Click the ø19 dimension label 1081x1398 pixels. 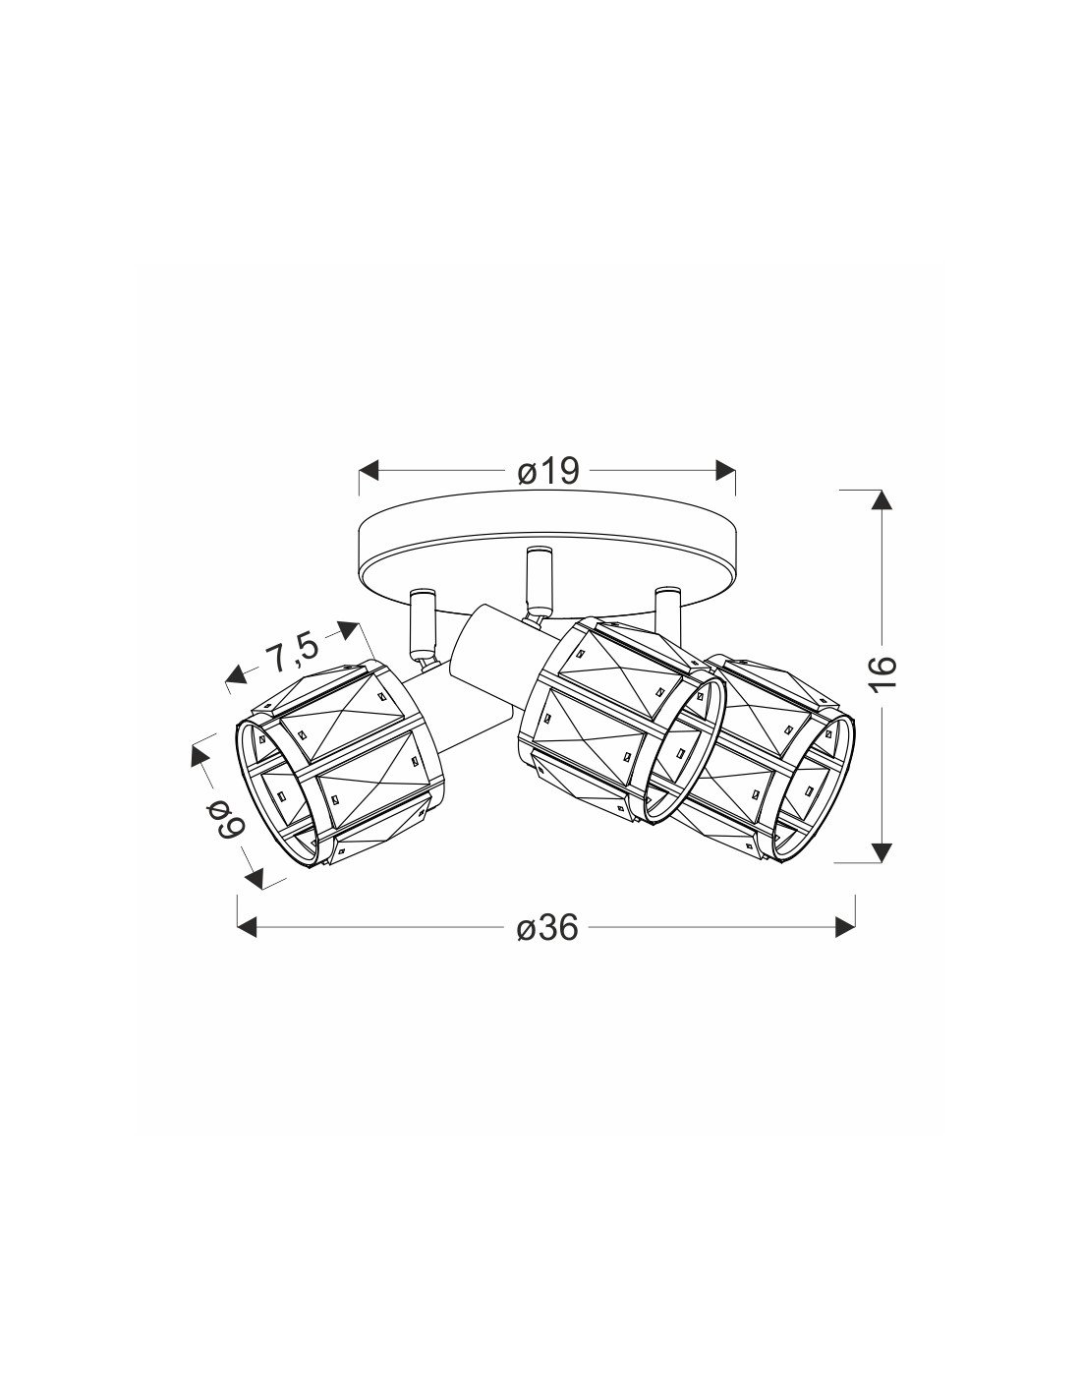548,472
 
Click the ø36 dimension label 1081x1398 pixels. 548,928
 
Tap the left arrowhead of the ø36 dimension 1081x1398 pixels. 248,927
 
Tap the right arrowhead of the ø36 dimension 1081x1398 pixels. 845,927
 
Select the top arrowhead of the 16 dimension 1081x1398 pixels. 882,499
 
